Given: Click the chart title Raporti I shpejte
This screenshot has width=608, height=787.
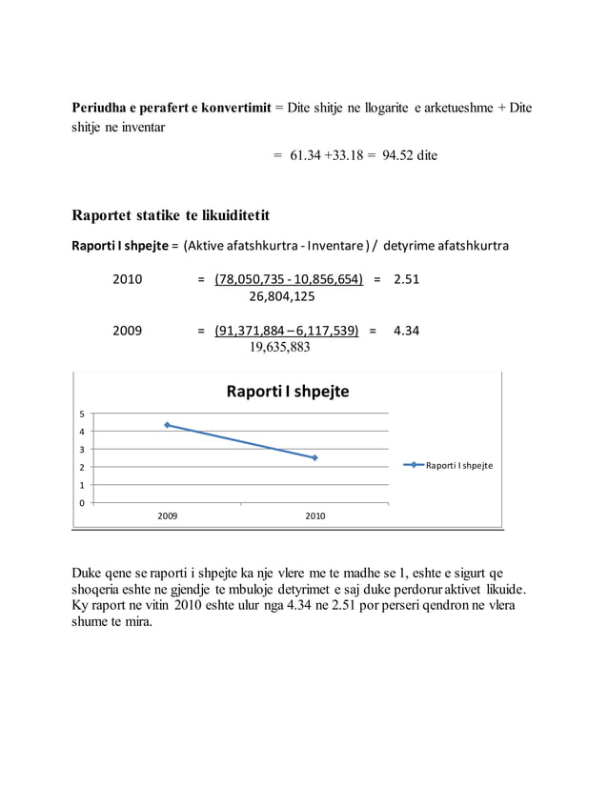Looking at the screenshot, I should click(x=287, y=392).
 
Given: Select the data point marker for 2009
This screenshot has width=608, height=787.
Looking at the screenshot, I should click(x=168, y=425).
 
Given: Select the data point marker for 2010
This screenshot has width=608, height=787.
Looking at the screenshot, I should click(x=314, y=457).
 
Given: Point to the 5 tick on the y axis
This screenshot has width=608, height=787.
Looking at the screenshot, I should click(x=83, y=414).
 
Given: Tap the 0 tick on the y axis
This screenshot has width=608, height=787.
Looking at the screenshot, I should click(x=83, y=502).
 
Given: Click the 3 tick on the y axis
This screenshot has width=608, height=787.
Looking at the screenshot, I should click(x=83, y=450).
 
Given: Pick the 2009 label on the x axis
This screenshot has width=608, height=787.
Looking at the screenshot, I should click(x=167, y=515).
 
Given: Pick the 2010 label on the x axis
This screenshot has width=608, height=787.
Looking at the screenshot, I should click(x=314, y=515).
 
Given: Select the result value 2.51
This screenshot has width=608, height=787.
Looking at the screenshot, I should click(x=407, y=279).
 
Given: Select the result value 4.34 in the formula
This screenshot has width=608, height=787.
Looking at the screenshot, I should click(x=407, y=331).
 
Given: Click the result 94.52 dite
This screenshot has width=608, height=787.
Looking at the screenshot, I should click(x=410, y=154).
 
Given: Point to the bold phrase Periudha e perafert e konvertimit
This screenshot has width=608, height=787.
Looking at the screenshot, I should click(x=171, y=108).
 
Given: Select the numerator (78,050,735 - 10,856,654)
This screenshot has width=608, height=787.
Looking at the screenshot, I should click(x=289, y=279).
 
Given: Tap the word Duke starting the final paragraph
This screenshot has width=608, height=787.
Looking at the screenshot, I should click(x=88, y=573).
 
